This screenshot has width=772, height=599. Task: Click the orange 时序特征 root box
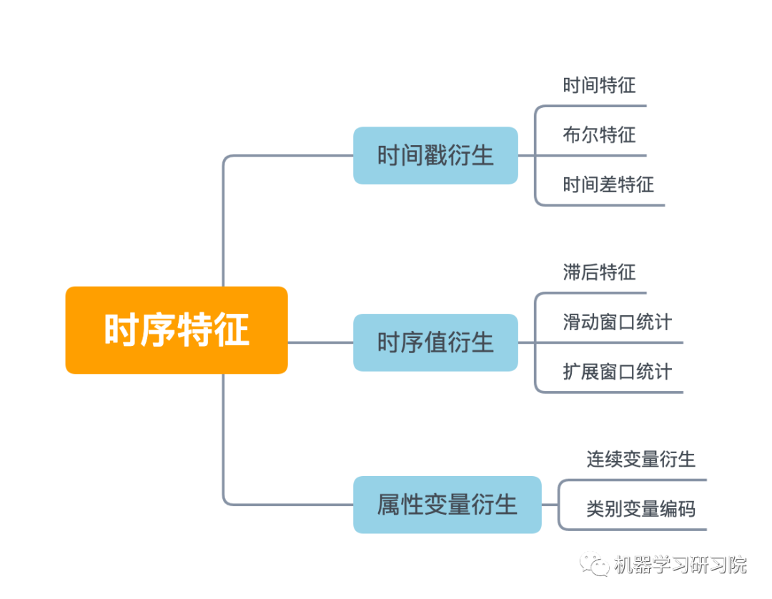[177, 330]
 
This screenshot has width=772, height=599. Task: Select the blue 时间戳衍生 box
[435, 156]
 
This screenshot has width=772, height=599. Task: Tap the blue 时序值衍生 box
[435, 342]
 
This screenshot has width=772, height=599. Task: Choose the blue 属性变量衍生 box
[447, 505]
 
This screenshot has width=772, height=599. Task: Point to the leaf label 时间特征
[599, 86]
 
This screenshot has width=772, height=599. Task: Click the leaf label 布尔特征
[599, 134]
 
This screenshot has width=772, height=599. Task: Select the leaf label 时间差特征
[608, 184]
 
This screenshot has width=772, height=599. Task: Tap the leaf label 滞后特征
[599, 272]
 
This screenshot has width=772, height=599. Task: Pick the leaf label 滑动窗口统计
[617, 322]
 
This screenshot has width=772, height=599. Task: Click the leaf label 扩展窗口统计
[617, 372]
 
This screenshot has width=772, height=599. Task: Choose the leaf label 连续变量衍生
[640, 459]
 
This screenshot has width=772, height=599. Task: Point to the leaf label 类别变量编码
[640, 508]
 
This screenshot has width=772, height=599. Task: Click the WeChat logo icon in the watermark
[594, 564]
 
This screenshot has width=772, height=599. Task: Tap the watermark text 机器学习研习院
[680, 565]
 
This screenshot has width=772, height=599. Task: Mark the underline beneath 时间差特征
[608, 205]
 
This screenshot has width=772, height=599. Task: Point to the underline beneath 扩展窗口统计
[615, 392]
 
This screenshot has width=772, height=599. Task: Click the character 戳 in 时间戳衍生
[435, 156]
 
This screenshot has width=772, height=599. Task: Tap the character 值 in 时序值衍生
[435, 342]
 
